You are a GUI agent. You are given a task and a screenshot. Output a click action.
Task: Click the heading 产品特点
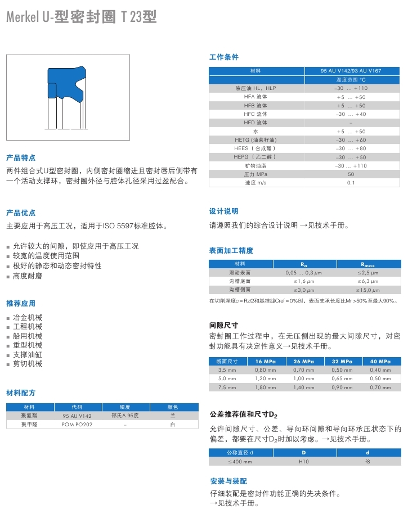tap(21, 157)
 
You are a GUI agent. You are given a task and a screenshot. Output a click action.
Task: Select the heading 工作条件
tap(224, 57)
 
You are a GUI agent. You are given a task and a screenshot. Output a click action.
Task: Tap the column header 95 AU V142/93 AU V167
tap(351, 71)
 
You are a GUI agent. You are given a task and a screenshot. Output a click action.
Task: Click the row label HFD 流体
tap(255, 123)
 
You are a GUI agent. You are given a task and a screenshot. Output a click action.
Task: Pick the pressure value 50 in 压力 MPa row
tap(351, 174)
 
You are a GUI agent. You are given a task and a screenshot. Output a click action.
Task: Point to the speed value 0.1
tap(351, 183)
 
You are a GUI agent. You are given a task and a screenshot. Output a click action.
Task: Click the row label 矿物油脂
tap(255, 166)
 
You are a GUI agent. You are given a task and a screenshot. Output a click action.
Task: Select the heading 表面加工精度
tap(231, 250)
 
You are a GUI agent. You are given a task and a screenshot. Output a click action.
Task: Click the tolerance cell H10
tap(304, 461)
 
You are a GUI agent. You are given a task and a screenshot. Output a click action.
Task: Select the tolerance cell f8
tap(367, 461)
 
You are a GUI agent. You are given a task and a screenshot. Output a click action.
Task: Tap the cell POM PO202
tap(77, 425)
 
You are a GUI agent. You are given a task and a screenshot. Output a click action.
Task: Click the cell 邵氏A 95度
tap(125, 416)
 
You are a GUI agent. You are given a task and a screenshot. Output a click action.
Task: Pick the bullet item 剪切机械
tap(28, 364)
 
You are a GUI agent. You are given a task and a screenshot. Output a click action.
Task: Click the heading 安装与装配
tap(228, 481)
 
